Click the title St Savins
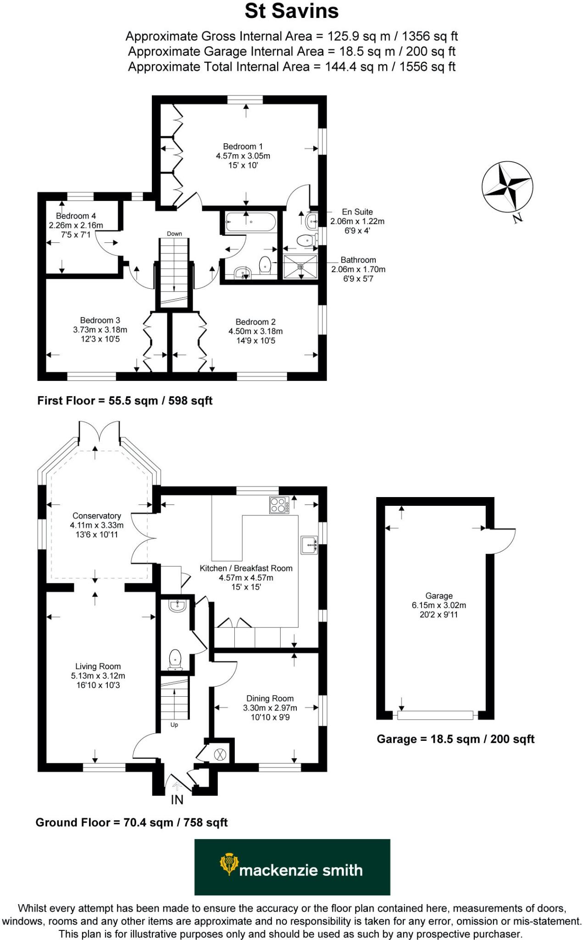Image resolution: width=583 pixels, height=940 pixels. coord(291,11)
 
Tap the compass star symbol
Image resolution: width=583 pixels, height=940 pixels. coord(507,186)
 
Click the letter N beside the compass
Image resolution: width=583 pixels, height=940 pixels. coord(517,218)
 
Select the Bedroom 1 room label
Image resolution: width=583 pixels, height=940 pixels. coord(243,146)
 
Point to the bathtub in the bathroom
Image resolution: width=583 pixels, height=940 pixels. coord(250,222)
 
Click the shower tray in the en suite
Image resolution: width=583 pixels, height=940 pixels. coord(300,267)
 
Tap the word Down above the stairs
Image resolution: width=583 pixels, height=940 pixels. coord(174,234)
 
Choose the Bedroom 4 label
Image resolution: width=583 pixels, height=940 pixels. coord(76,216)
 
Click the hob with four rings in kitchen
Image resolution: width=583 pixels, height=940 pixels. coord(279,505)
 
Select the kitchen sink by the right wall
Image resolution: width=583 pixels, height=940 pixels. coord(309,545)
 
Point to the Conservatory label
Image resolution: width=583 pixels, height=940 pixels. coord(96,516)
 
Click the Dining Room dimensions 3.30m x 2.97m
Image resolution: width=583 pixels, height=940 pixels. coord(270,708)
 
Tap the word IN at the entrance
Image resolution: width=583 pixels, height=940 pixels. coord(177,800)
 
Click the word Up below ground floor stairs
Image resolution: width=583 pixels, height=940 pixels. coord(174,725)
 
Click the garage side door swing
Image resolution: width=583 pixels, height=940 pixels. coord(503,542)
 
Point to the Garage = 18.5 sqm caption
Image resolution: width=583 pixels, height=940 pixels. coord(455,739)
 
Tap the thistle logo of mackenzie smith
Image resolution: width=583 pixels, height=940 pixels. coord(228,864)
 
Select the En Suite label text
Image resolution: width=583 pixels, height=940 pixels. coord(357,212)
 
